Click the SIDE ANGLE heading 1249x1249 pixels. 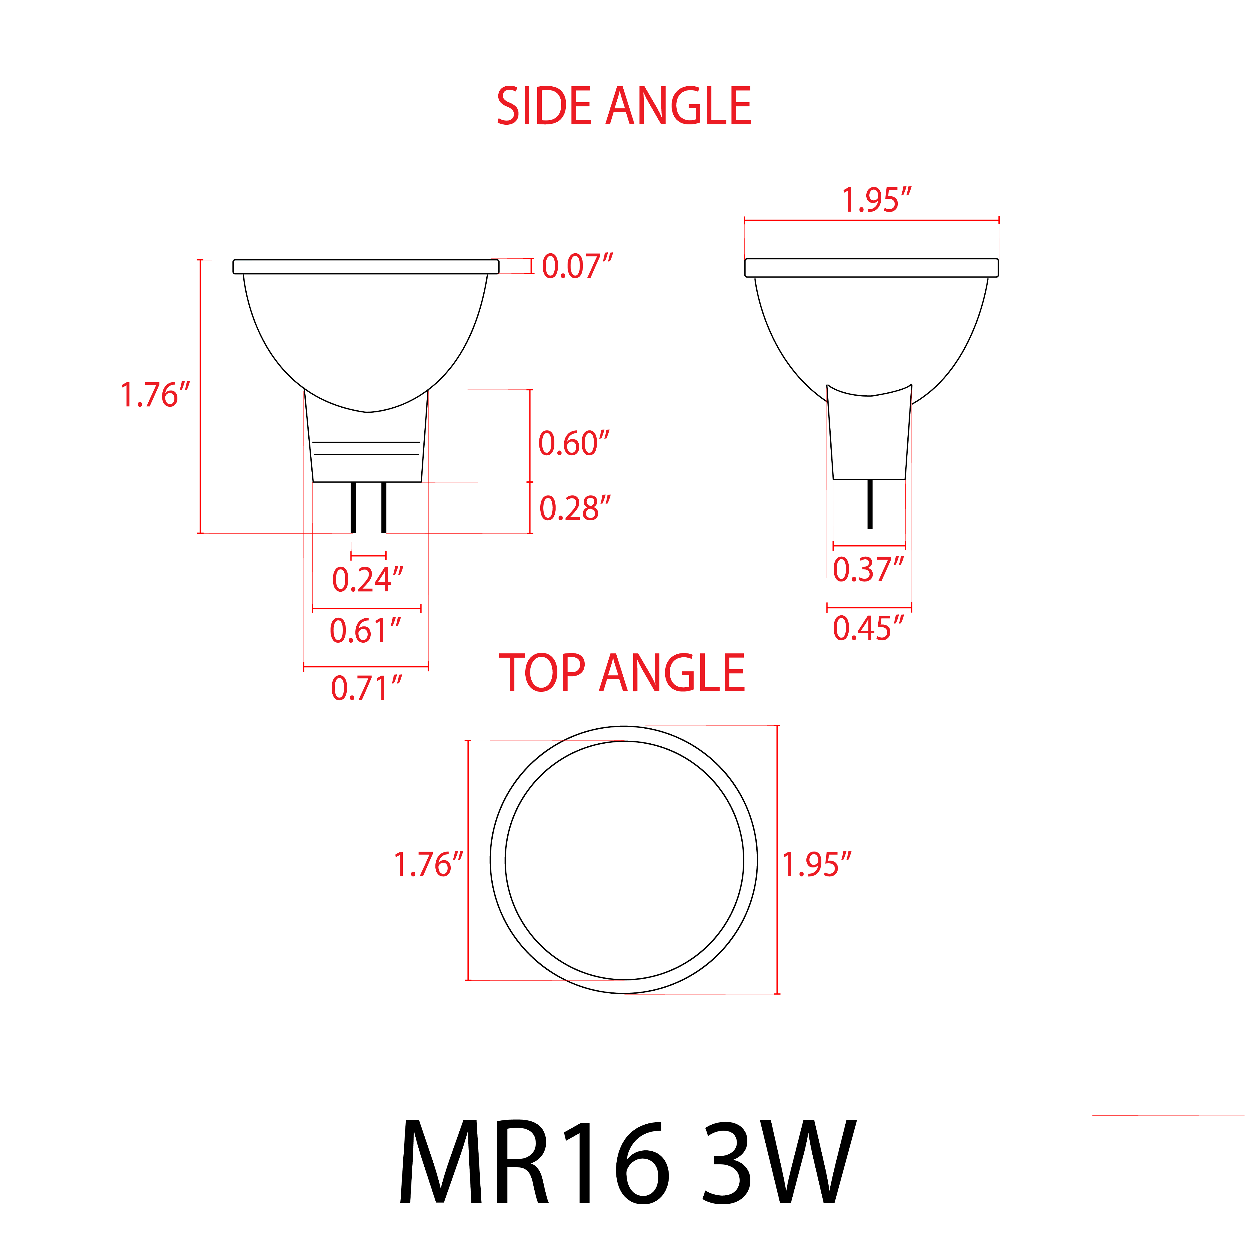pos(624,107)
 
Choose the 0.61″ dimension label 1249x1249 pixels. pos(365,631)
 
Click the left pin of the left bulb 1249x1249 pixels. pos(353,507)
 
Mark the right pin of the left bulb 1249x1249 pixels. pos(384,507)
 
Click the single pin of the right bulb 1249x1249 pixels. pos(870,504)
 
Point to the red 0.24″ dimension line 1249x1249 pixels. pos(369,555)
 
